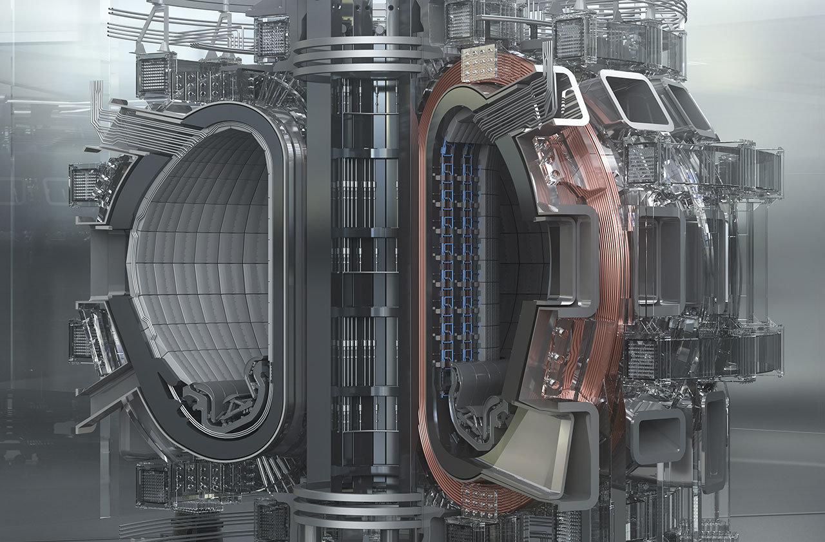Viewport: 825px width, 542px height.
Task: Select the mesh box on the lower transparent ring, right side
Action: point(642,358)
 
